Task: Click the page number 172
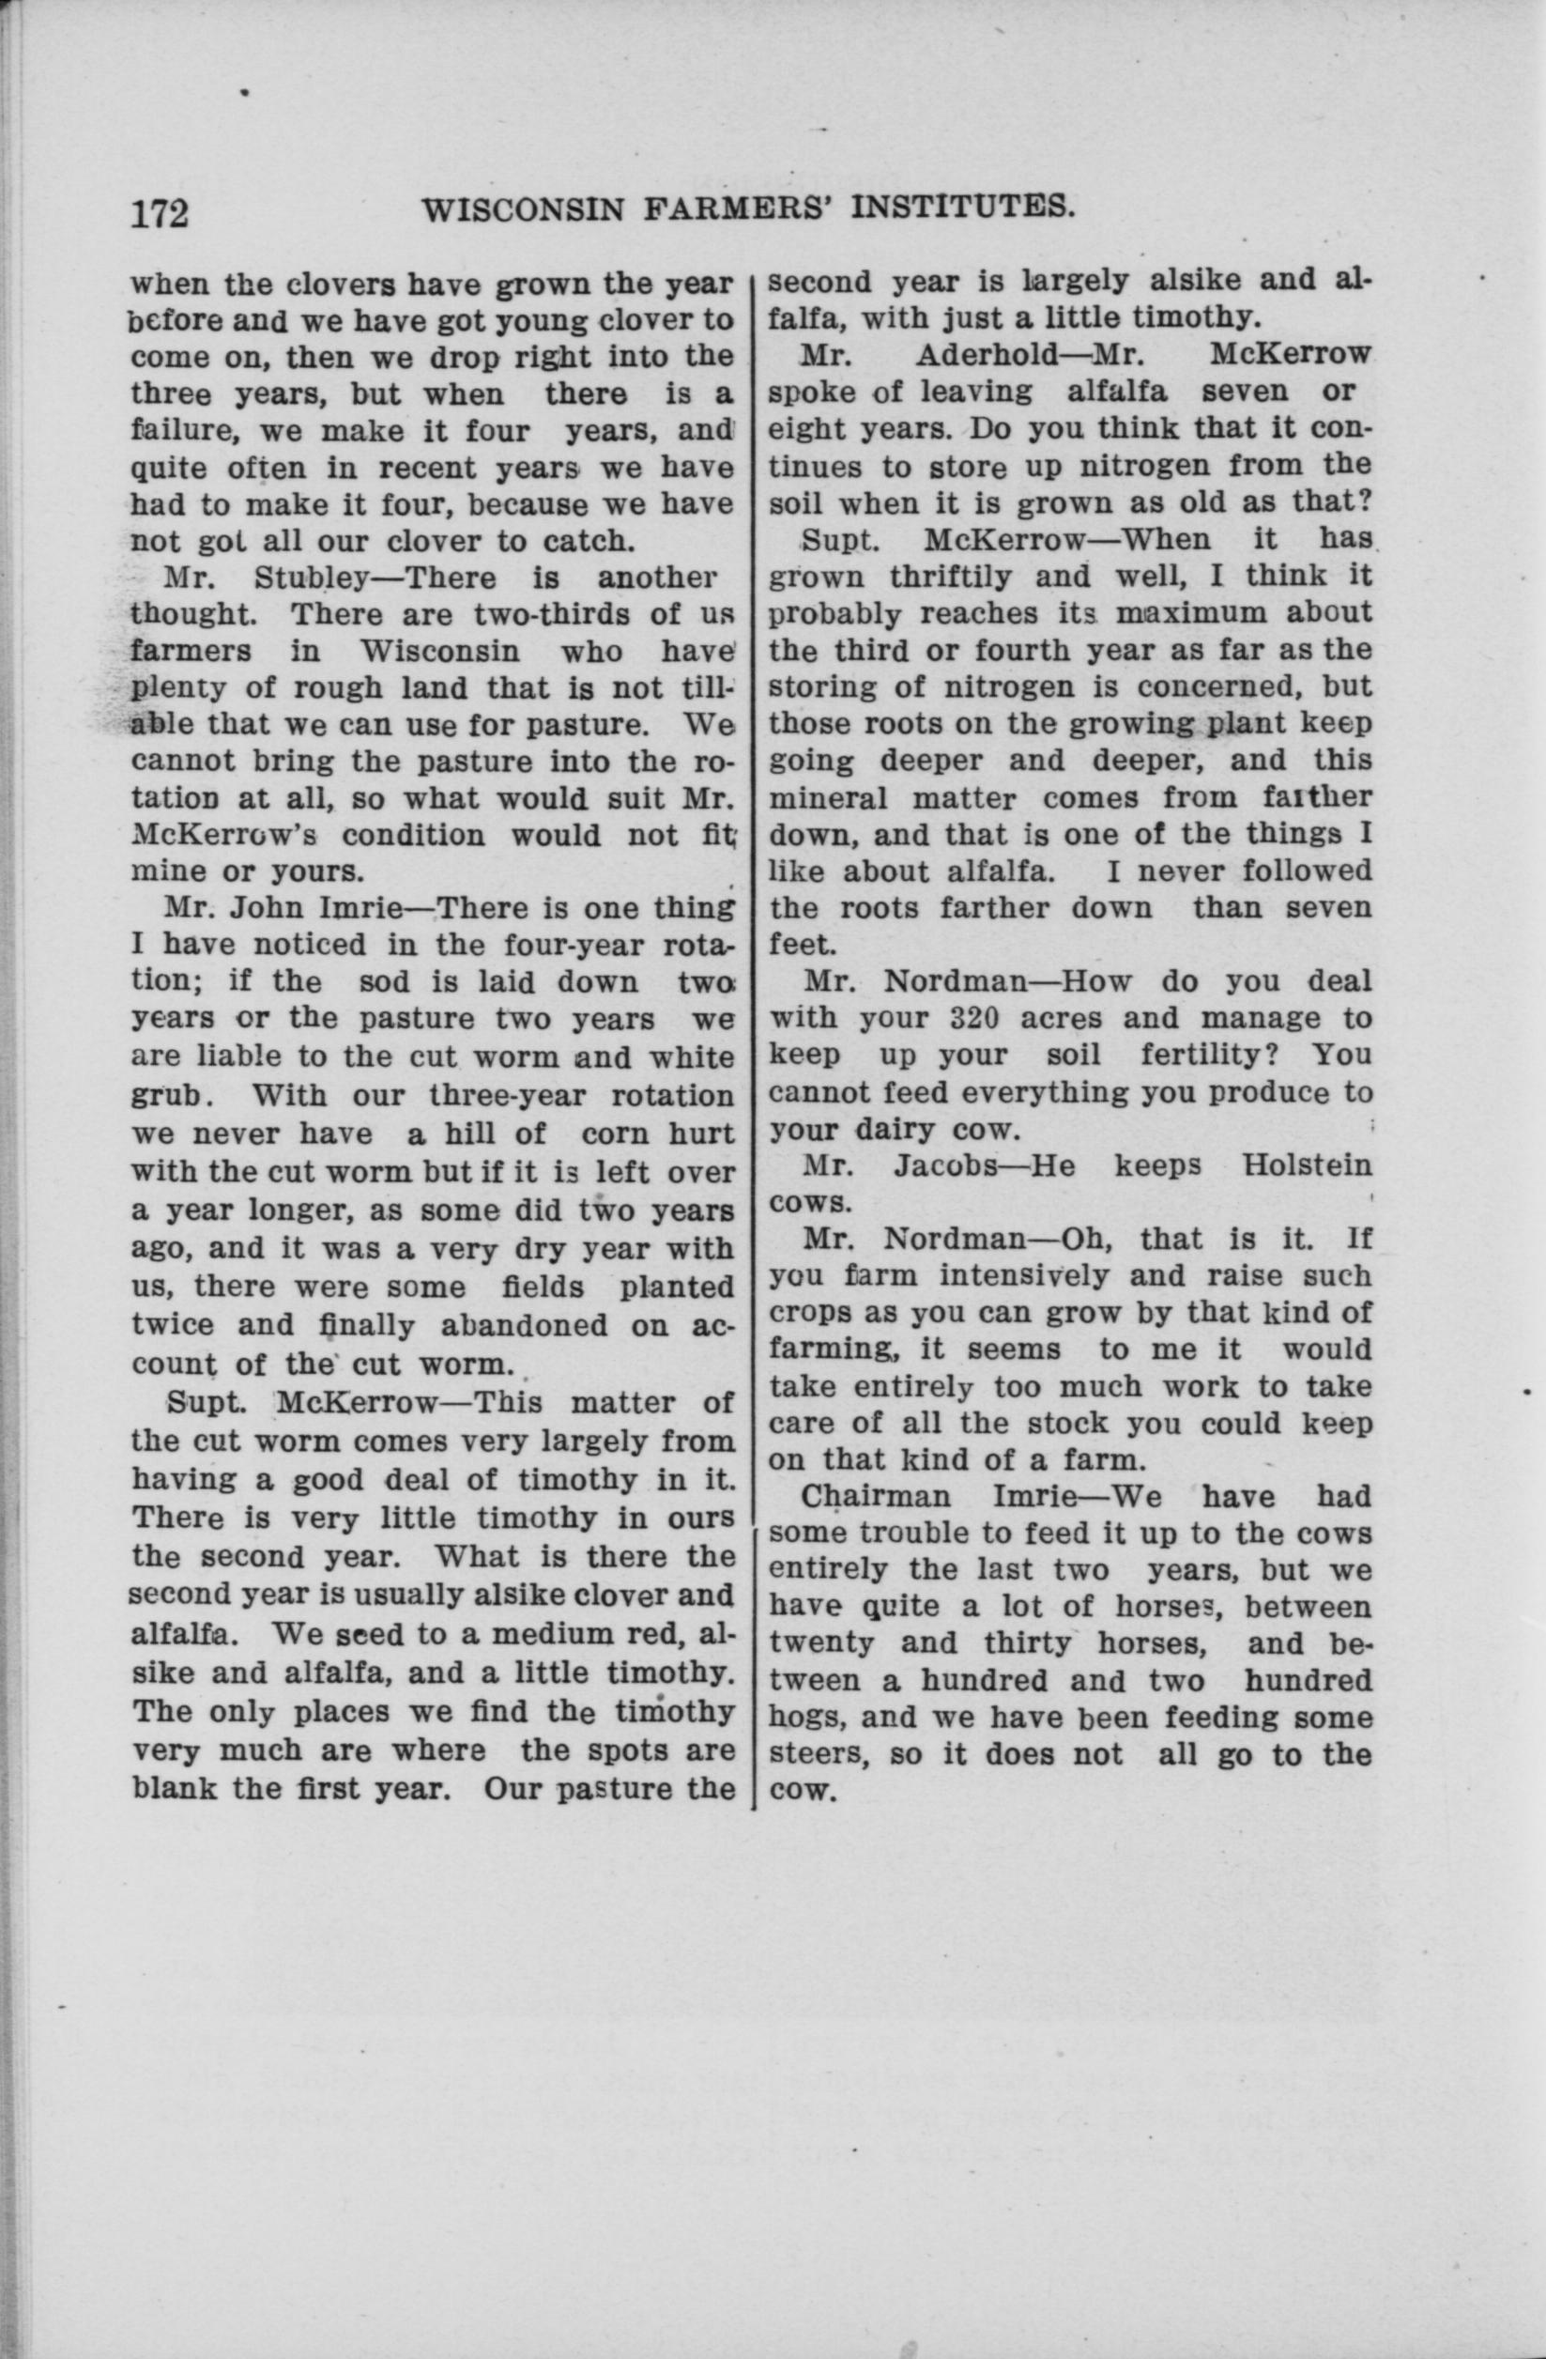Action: [x=160, y=213]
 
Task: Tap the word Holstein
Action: [x=1308, y=1164]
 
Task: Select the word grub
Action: [x=166, y=1097]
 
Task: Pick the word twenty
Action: [x=821, y=1643]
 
